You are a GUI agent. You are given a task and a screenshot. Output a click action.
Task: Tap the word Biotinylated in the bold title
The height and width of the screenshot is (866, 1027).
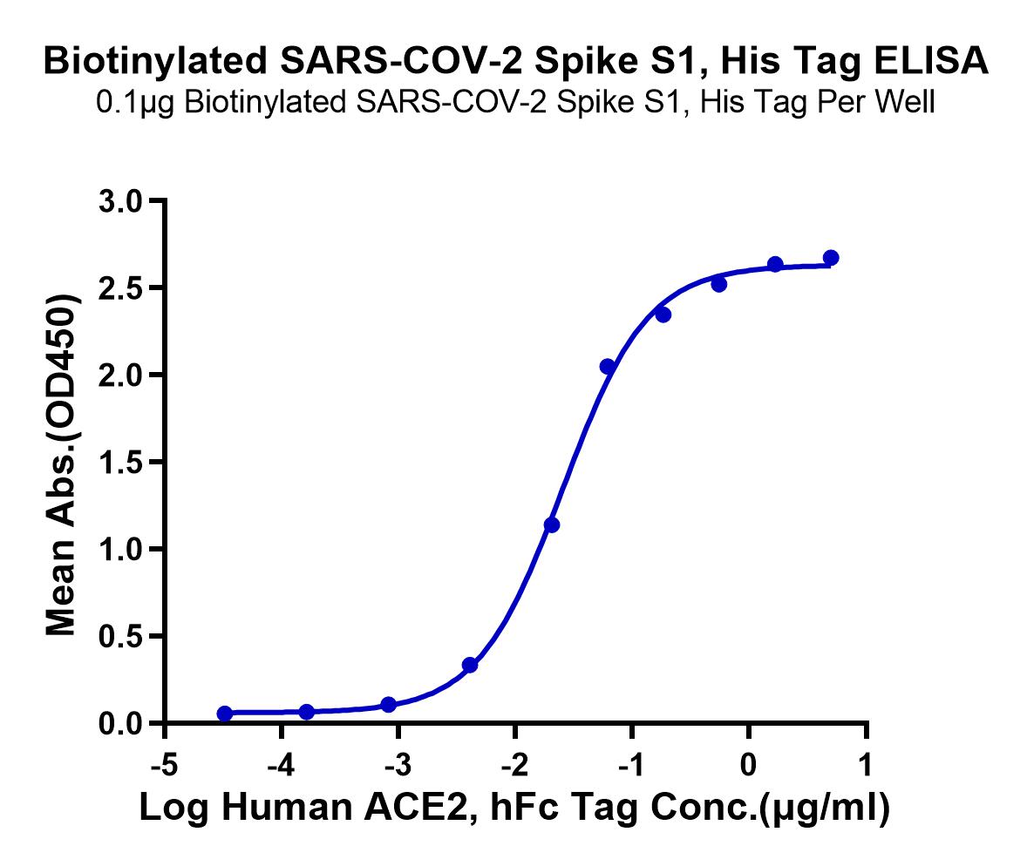pos(155,62)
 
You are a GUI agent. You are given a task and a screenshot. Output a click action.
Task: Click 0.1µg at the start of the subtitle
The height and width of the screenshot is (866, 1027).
pos(135,104)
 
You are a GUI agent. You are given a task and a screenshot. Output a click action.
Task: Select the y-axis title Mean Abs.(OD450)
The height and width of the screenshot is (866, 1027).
pos(62,464)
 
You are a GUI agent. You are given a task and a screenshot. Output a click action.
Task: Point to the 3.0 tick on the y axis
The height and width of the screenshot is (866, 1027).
pos(120,201)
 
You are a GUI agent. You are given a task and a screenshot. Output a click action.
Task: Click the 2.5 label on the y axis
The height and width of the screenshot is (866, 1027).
pos(120,288)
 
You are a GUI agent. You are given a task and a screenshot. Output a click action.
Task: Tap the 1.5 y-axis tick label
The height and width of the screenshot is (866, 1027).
pos(120,462)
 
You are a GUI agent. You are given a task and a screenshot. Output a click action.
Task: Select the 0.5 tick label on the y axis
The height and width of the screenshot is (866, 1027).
pos(120,636)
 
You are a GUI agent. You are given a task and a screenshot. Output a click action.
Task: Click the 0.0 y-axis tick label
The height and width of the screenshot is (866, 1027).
pos(120,723)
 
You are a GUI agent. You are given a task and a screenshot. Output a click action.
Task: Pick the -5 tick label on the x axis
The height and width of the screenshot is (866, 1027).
pos(164,764)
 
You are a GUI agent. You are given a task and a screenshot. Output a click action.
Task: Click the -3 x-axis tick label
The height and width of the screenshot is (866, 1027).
pos(398,764)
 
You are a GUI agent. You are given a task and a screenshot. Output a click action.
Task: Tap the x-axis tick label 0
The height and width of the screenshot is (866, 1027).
pos(748,764)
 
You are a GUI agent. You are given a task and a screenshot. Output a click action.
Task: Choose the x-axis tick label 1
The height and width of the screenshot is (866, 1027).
pos(865,764)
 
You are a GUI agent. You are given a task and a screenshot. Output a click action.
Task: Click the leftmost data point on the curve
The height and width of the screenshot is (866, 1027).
pos(225,714)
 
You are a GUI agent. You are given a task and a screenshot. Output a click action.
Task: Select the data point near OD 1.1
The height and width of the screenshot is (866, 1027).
pos(552,525)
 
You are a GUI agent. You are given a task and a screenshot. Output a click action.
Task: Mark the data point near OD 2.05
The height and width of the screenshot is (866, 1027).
pos(607,367)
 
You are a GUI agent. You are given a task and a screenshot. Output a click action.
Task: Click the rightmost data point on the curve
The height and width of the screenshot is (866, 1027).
pos(831,258)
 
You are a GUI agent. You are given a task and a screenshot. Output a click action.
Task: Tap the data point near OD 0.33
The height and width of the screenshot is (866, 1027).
pos(470,665)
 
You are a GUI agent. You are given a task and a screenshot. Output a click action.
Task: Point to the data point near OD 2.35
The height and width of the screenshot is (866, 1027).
pos(663,315)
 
